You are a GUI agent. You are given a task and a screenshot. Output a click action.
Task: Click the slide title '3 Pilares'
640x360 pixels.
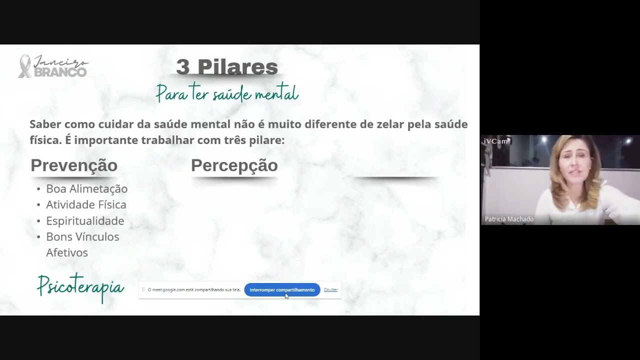coord(226,67)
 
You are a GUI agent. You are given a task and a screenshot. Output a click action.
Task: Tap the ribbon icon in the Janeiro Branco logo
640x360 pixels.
coord(23,66)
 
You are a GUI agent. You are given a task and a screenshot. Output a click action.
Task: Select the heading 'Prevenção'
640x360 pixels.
coord(74,165)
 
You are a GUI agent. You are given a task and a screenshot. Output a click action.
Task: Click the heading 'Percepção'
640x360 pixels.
coord(234,165)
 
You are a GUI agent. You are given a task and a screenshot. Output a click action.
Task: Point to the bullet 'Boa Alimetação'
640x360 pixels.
coord(86,188)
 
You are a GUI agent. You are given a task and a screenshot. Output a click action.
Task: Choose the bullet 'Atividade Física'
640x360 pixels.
coord(86,204)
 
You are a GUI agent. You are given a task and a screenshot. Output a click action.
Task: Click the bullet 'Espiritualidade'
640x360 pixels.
coord(85,220)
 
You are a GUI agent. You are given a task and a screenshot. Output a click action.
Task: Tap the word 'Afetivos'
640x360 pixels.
coord(67,252)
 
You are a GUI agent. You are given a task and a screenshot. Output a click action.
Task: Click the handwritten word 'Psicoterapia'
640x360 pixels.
coord(80,287)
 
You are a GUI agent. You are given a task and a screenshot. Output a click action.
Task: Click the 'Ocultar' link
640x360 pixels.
coord(330,290)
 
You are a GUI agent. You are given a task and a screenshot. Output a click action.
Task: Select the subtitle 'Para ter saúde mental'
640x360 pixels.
coord(227,93)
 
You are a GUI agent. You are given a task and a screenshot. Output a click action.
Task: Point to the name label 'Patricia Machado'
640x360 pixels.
coord(509,219)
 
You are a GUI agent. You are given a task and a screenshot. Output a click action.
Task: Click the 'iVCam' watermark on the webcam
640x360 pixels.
coord(495,141)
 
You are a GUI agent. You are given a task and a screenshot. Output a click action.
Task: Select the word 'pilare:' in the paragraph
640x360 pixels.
coord(267,140)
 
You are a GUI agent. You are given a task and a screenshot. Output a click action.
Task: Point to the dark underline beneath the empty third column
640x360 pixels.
coord(395,177)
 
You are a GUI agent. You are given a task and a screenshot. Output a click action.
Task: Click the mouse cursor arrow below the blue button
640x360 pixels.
coord(287,296)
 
